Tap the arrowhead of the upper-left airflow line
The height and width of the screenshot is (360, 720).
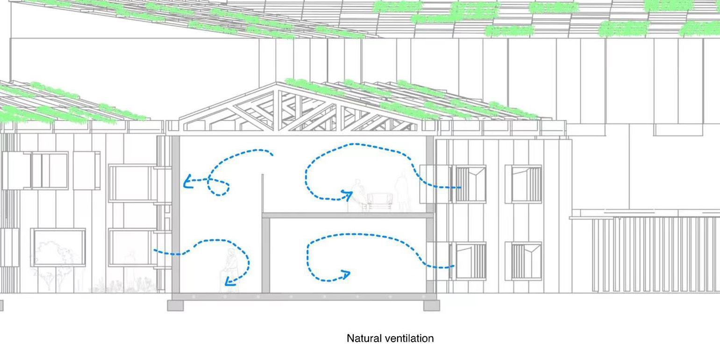187,181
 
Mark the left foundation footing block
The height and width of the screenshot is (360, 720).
176,305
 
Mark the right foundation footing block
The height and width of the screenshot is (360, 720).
431,305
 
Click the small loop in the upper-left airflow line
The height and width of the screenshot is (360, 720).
218,188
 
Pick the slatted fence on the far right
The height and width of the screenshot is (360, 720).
654,254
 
